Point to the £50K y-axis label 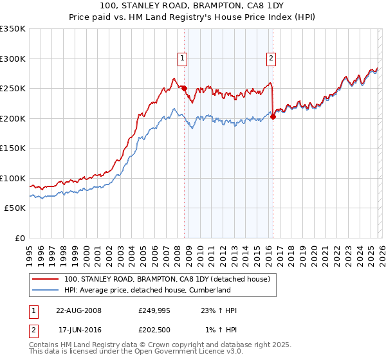pos(14,208)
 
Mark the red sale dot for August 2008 pos(185,88)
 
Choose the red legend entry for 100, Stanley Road pos(170,279)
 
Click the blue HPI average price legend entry pos(147,290)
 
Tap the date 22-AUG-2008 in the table pos(78,310)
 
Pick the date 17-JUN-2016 pos(78,330)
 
